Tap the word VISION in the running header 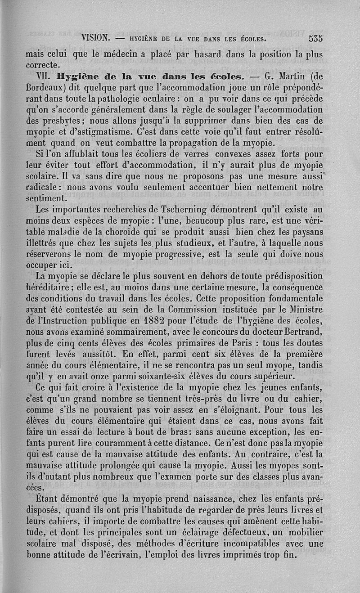(96, 38)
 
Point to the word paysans (305, 233)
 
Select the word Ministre (304, 310)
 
